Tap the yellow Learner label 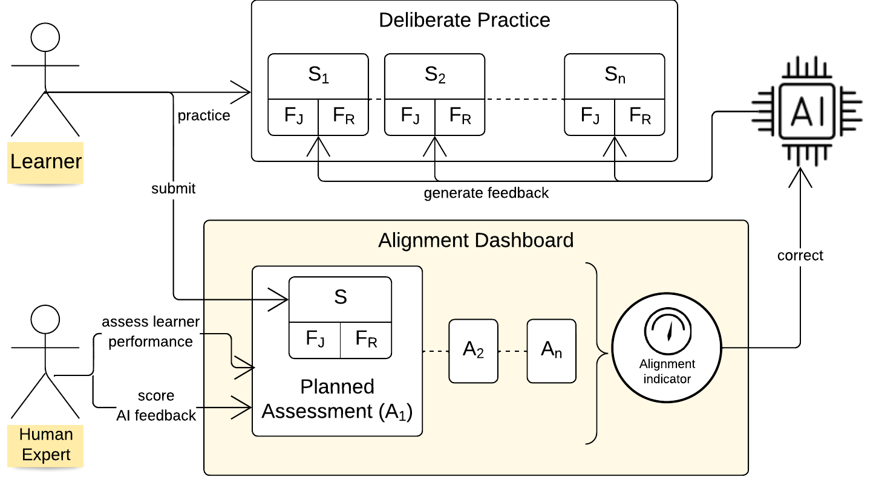(x=46, y=161)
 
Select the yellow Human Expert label (x=46, y=444)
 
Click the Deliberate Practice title (x=464, y=20)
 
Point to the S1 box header (x=318, y=76)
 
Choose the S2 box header (x=435, y=76)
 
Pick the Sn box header (x=614, y=76)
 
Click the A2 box (x=473, y=351)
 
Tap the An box (x=551, y=351)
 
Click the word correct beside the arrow (x=800, y=256)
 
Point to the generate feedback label (x=486, y=193)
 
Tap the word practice (x=204, y=115)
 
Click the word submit (x=174, y=189)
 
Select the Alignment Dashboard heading (x=475, y=241)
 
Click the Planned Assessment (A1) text (x=337, y=399)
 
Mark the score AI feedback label (x=156, y=405)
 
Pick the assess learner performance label (x=151, y=331)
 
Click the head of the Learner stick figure (x=45, y=37)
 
